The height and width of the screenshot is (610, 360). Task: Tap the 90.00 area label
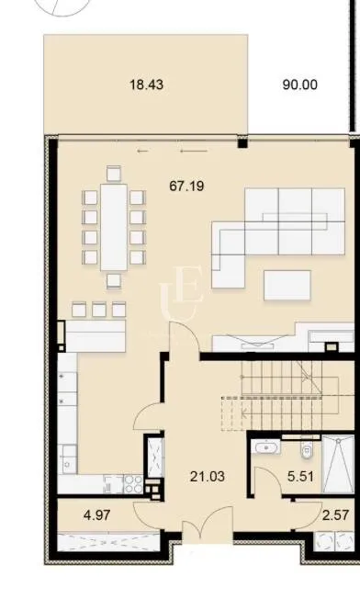click(299, 85)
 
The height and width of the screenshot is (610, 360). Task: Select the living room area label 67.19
click(186, 186)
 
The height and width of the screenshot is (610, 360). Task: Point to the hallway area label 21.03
click(208, 476)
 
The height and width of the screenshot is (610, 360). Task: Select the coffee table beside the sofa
click(287, 285)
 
